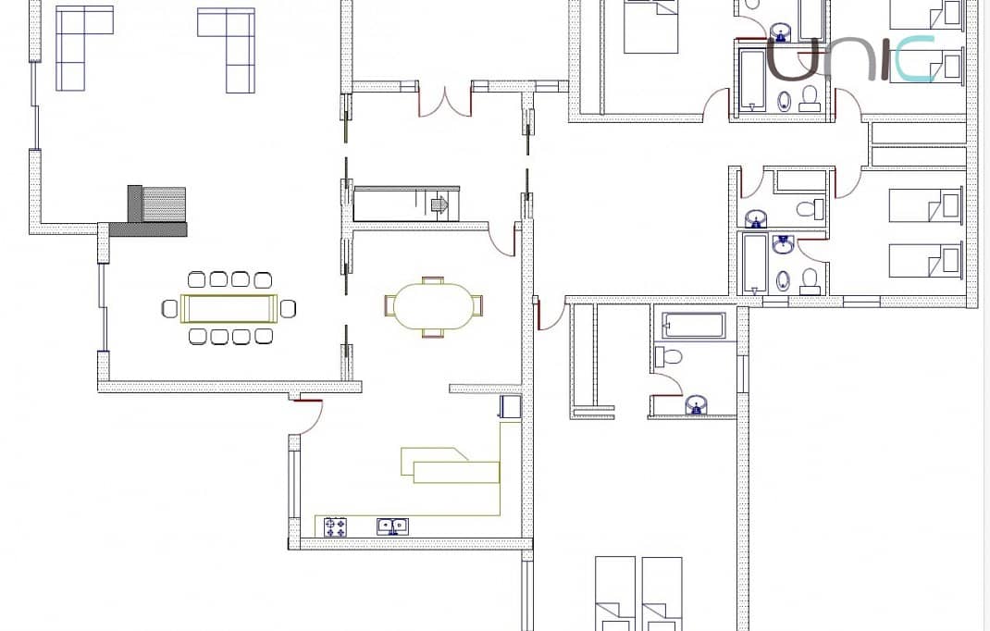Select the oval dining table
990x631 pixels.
click(433, 306)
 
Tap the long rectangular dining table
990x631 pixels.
click(229, 308)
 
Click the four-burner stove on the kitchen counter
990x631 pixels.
click(335, 526)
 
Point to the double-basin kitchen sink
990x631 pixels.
click(392, 526)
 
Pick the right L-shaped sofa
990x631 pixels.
click(232, 45)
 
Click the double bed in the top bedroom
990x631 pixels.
click(650, 26)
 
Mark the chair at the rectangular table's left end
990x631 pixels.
click(169, 308)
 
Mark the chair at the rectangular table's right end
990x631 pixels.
click(288, 308)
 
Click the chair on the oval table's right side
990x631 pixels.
click(476, 305)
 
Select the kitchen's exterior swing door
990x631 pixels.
click(308, 416)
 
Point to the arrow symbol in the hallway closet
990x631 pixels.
click(440, 205)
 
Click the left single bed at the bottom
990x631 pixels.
click(615, 592)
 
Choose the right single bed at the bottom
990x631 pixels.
click(662, 592)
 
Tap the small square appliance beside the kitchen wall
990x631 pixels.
click(510, 406)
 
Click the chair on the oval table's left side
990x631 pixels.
click(390, 305)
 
